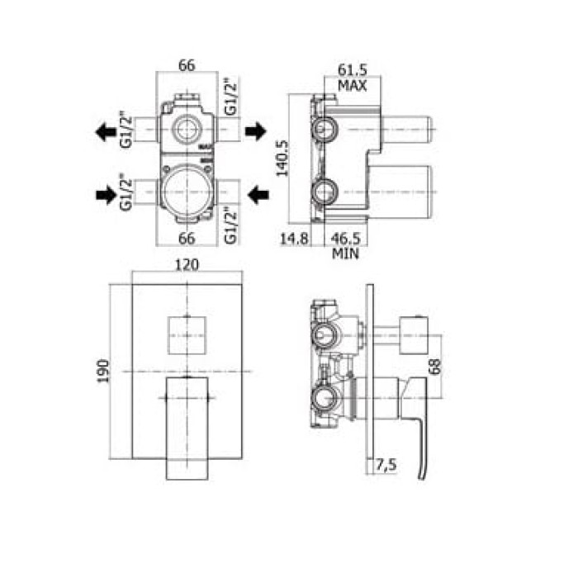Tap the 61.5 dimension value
[x=353, y=71]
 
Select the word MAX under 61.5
[x=353, y=84]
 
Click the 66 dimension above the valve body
[x=187, y=66]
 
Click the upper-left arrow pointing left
[x=106, y=130]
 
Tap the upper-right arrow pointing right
[x=255, y=130]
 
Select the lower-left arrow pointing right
[x=106, y=194]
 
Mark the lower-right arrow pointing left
[x=258, y=194]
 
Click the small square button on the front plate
[x=187, y=334]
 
